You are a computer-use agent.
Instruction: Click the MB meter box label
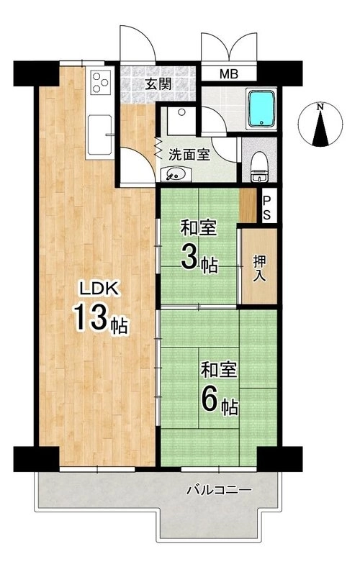click(229, 74)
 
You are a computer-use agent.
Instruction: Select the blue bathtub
click(261, 109)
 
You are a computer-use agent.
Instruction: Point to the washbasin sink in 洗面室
click(175, 175)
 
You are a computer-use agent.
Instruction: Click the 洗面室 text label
click(189, 155)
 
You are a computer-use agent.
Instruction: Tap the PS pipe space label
click(266, 207)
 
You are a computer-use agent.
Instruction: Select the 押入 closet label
click(259, 268)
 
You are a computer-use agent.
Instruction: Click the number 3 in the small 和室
click(189, 258)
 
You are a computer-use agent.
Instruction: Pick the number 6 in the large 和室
click(209, 400)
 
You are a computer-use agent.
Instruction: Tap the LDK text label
click(99, 289)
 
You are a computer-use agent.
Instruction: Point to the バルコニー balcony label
click(219, 490)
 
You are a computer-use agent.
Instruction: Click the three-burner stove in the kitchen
click(100, 83)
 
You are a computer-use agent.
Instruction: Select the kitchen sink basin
click(99, 135)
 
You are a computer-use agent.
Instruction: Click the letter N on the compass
click(319, 107)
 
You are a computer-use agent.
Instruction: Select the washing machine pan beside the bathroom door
click(181, 121)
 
